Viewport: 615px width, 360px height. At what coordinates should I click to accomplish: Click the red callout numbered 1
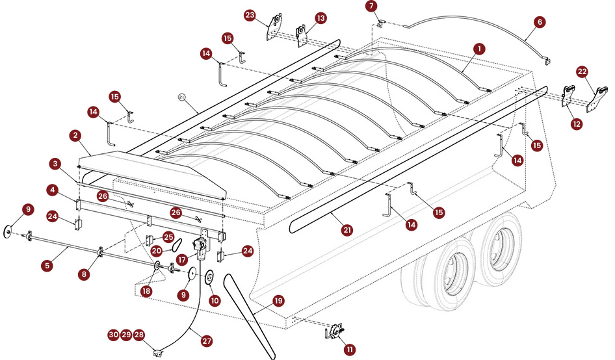coord(479,49)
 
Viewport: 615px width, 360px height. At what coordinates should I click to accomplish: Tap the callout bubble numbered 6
coord(539,21)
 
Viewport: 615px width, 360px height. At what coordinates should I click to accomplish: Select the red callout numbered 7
coord(371,6)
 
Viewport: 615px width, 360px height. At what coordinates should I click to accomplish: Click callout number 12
coord(577,123)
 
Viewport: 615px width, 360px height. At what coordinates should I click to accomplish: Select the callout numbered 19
coord(278,301)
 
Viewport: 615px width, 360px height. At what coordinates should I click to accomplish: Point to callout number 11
coord(350,349)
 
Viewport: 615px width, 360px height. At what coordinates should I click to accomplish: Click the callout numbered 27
coord(207,340)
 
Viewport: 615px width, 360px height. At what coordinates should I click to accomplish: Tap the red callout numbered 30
coord(113,335)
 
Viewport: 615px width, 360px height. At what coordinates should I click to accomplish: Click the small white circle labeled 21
coord(181,97)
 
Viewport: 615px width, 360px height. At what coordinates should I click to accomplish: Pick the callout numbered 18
coord(147,291)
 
